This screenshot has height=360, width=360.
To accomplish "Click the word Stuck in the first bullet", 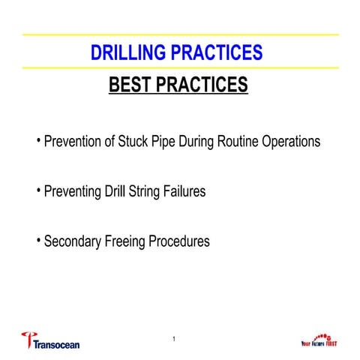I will (x=136, y=141).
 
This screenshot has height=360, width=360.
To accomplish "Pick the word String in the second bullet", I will (x=150, y=191).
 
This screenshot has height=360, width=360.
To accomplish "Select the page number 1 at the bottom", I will (x=174, y=341).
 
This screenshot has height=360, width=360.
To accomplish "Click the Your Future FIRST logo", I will (x=321, y=340).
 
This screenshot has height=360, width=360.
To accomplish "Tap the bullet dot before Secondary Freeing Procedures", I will (x=38, y=240).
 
